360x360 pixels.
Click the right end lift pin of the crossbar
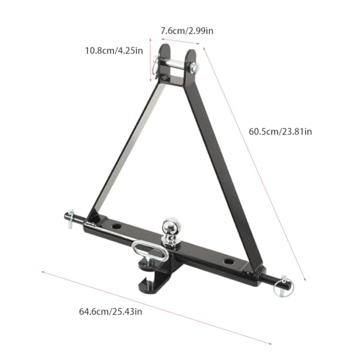tap(285, 278)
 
